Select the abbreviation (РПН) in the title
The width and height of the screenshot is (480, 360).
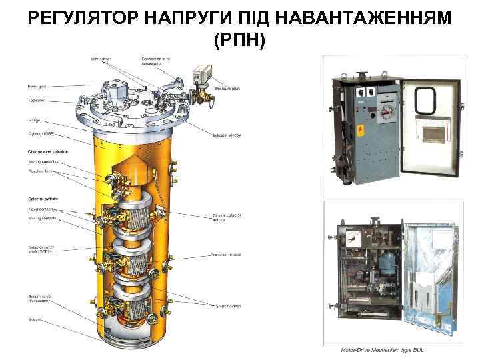click(x=239, y=41)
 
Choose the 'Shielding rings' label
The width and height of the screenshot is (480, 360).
click(x=227, y=307)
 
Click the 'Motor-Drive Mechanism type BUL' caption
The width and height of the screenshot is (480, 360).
click(x=382, y=349)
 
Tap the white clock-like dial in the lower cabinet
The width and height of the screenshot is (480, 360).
click(x=353, y=236)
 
